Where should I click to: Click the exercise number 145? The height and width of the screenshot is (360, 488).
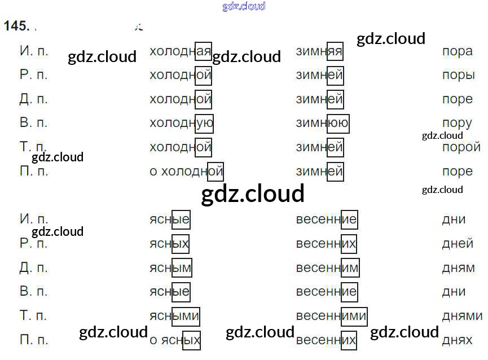(15, 26)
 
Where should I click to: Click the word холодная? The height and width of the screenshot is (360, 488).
(180, 51)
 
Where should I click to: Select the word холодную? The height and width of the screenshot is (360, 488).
(181, 123)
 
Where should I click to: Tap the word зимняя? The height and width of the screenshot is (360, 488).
(319, 51)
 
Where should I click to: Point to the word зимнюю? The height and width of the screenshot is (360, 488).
(322, 123)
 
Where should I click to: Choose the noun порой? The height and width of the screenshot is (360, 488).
(458, 147)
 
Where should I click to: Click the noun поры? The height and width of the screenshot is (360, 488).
(458, 75)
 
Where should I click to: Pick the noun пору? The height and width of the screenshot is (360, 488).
(457, 123)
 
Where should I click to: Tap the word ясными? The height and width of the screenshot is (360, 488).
(174, 315)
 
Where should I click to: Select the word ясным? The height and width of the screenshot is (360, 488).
(170, 267)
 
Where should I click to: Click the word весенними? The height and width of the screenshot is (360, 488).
(331, 315)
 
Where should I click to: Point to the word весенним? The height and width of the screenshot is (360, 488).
(327, 267)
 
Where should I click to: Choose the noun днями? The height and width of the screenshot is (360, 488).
(462, 315)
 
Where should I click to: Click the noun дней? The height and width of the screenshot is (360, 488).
(457, 243)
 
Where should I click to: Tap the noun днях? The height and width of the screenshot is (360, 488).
(457, 340)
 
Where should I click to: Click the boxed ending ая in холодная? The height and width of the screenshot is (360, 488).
(203, 51)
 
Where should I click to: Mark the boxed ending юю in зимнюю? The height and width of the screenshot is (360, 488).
(338, 123)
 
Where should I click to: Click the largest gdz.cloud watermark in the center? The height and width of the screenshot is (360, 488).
(253, 194)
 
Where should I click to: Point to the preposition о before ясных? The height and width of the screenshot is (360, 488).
(153, 340)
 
